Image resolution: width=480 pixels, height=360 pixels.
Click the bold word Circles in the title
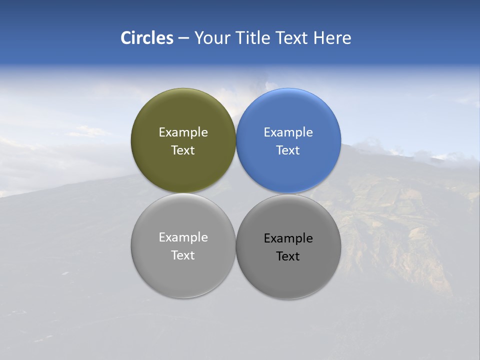click(x=147, y=38)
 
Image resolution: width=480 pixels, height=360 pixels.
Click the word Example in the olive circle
click(x=183, y=132)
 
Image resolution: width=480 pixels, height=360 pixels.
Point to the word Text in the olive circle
click(x=183, y=150)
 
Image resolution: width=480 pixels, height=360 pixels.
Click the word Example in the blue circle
click(x=288, y=132)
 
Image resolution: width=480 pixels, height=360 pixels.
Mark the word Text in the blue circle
click(x=288, y=150)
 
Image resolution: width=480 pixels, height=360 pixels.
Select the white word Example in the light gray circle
click(x=183, y=237)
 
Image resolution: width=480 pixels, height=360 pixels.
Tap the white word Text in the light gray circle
click(x=183, y=255)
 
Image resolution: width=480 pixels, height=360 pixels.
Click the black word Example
click(x=288, y=238)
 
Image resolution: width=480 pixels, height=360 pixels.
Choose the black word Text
click(x=288, y=256)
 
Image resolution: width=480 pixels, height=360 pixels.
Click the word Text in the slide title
click(x=292, y=38)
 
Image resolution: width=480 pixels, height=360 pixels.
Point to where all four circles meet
click(x=236, y=193)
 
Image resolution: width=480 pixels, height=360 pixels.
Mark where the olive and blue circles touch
click(x=236, y=140)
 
